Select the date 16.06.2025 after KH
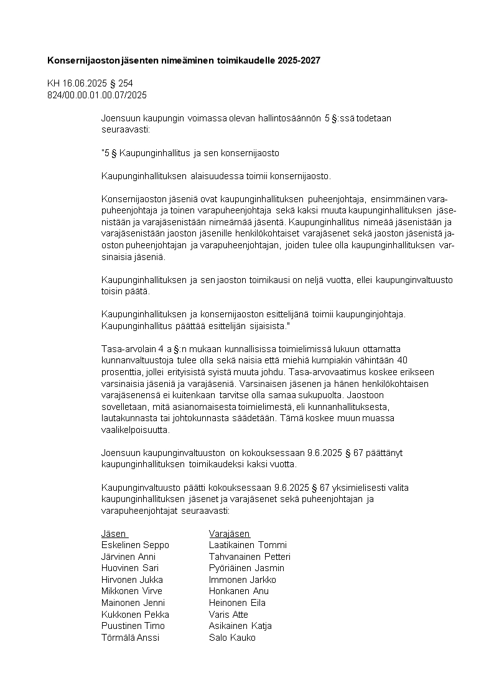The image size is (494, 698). point(85,83)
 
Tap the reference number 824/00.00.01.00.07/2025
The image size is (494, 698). point(97,95)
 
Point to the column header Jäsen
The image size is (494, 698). point(114,533)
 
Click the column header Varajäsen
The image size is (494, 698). point(230,533)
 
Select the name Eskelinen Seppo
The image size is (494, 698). point(135,545)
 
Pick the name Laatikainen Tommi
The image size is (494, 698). point(248,545)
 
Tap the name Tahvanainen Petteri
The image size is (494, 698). point(249,556)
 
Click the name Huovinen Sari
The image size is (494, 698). point(130,568)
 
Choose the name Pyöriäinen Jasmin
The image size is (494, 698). point(246,568)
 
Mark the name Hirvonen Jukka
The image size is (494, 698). point(132,580)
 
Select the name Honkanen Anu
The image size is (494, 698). point(239,591)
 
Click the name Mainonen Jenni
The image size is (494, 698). point(133,603)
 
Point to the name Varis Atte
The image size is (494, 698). point(228,615)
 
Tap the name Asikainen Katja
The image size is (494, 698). point(240,626)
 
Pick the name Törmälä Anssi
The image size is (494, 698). point(131,638)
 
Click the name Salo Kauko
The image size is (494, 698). point(232,638)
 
